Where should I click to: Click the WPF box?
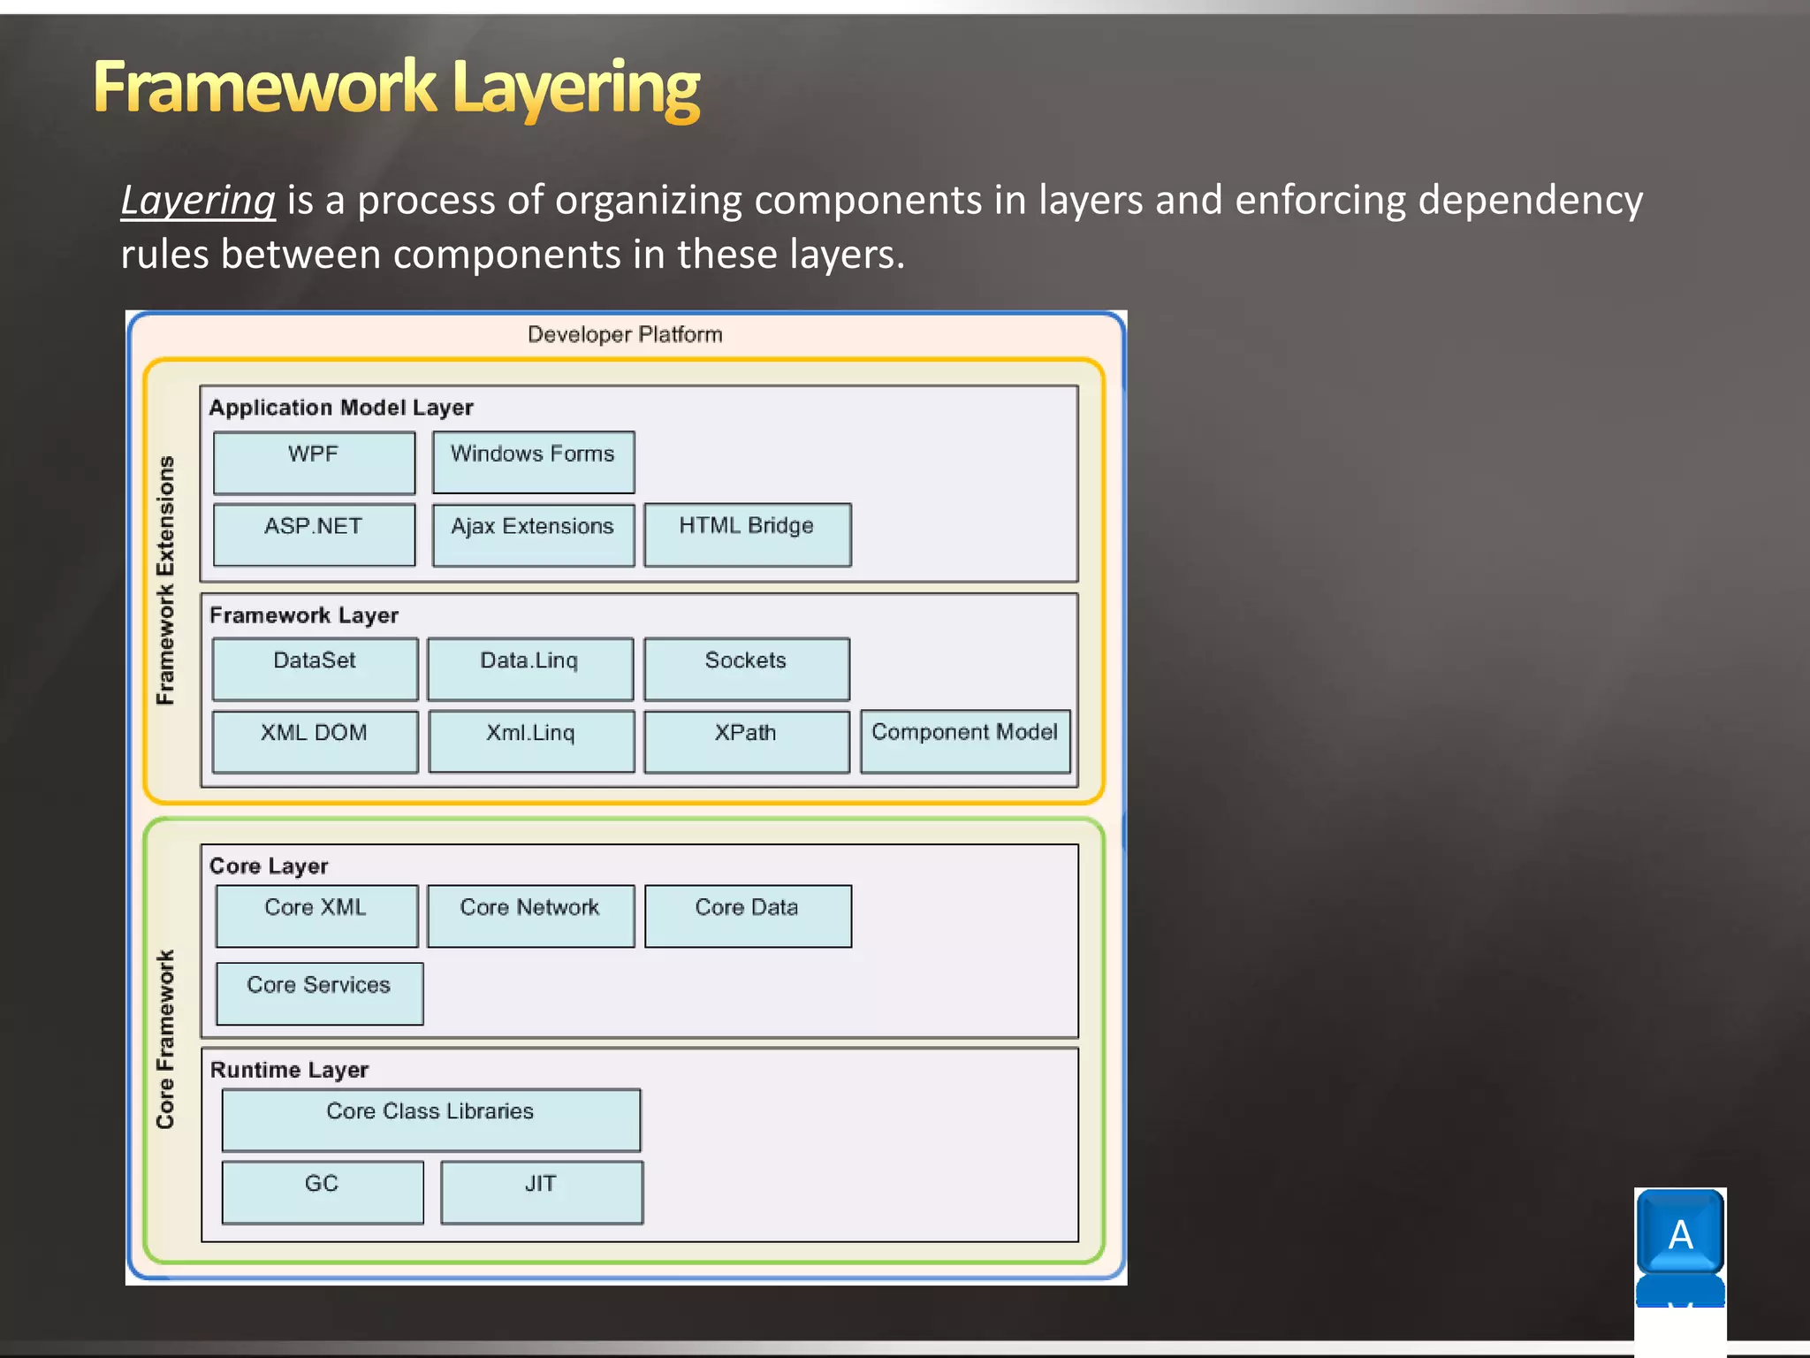[x=314, y=462]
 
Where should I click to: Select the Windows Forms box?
[x=533, y=462]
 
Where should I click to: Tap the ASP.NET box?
[x=314, y=535]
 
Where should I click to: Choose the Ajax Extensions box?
[x=533, y=535]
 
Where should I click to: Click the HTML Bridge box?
[x=747, y=535]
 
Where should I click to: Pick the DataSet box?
[x=315, y=669]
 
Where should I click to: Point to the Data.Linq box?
[x=529, y=669]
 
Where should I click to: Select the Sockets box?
[x=746, y=669]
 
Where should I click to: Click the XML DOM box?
[x=315, y=742]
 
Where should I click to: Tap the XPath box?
[x=746, y=742]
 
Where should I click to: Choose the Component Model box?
[x=965, y=742]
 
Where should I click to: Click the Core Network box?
[x=530, y=916]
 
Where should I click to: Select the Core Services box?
[x=319, y=994]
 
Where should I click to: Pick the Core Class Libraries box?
[x=430, y=1120]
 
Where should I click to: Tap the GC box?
[x=322, y=1193]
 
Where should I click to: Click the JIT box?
[x=541, y=1193]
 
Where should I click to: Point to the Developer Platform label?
[x=625, y=335]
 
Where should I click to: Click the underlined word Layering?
[x=198, y=201]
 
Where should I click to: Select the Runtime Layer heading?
[x=289, y=1070]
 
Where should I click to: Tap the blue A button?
[x=1679, y=1232]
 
